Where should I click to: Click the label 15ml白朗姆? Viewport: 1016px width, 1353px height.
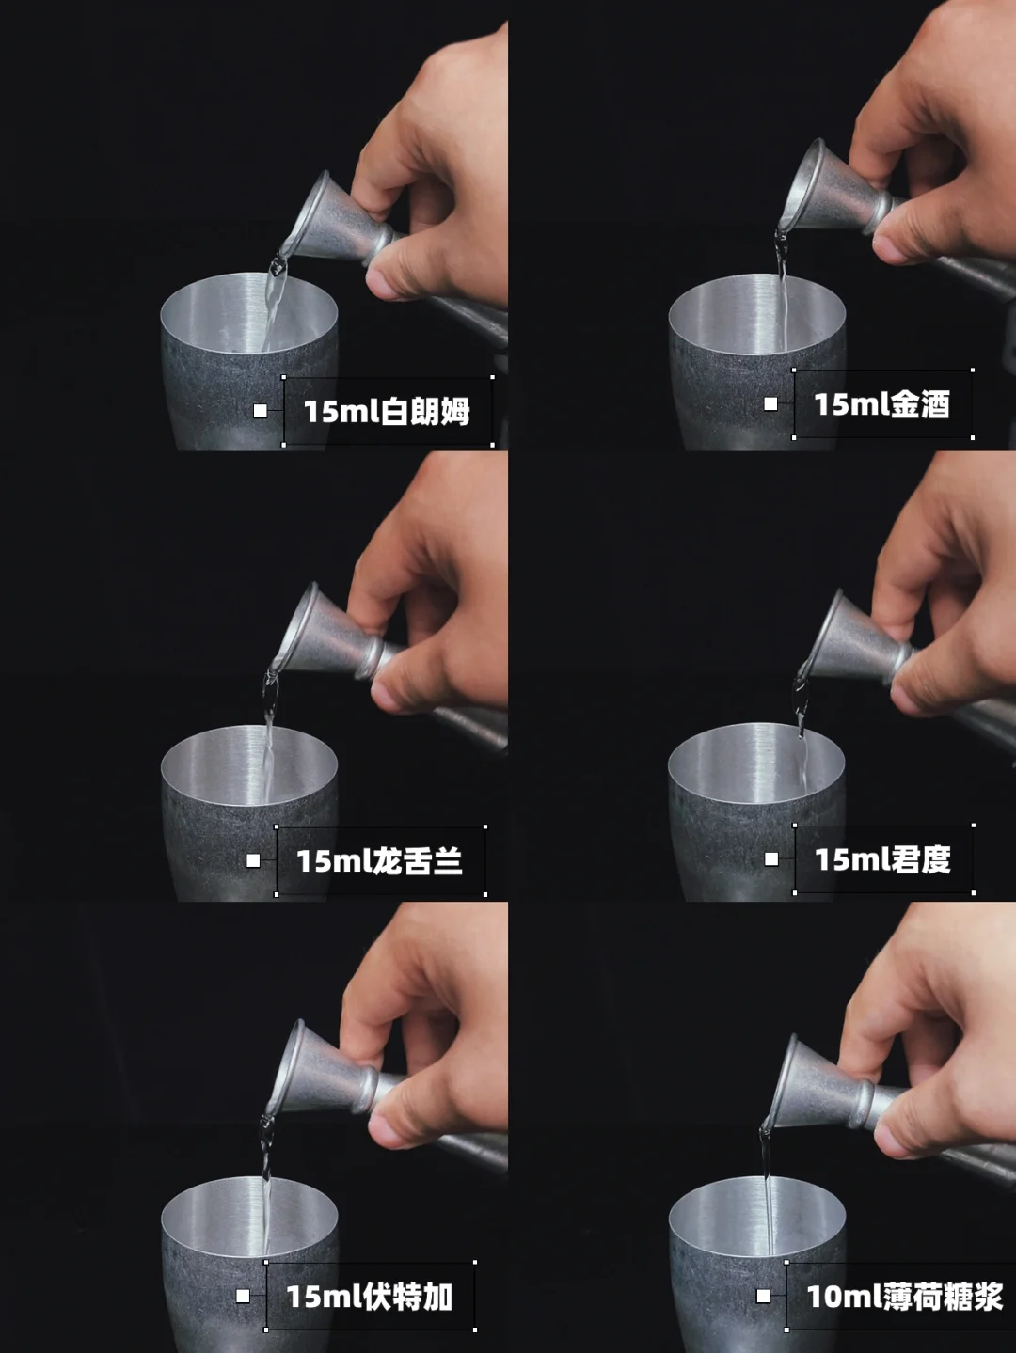(x=387, y=411)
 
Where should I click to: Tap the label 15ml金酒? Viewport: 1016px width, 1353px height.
(x=881, y=404)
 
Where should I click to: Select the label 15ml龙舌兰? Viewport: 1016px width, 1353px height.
(x=379, y=860)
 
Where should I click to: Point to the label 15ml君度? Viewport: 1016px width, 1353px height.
(x=882, y=859)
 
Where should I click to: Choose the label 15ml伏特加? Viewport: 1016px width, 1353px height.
(x=370, y=1297)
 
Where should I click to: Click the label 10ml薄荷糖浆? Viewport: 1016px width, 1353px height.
(x=905, y=1297)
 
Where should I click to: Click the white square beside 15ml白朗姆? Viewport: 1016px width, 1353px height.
(x=261, y=411)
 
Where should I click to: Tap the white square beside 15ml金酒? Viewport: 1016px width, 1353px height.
(x=770, y=403)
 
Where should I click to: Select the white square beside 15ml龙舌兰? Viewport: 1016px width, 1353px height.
(x=253, y=860)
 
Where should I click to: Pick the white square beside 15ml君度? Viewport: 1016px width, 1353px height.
(x=771, y=859)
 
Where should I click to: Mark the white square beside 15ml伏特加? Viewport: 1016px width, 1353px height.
(x=243, y=1297)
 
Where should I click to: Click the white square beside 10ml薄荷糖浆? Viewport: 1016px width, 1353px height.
(x=763, y=1297)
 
